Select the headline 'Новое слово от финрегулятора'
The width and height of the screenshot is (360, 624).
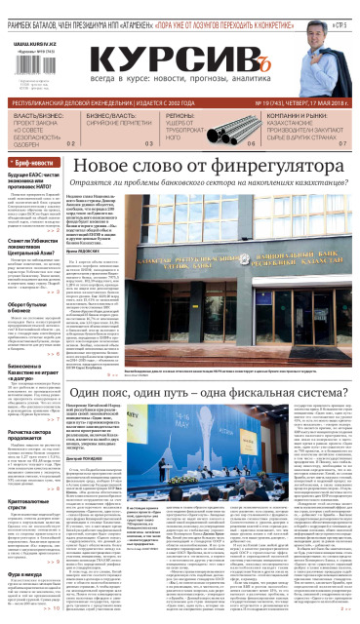[206, 167]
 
